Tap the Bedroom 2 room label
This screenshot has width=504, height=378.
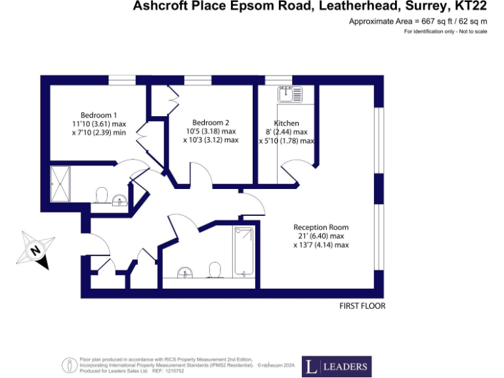pos(211,122)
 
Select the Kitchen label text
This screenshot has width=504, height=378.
pos(287,123)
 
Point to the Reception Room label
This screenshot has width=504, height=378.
pos(321,227)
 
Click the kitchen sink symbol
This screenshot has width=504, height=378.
pos(289,95)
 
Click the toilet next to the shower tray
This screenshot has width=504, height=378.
pos(101,195)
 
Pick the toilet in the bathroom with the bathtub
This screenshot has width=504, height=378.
pos(215,270)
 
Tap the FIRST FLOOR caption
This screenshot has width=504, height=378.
pos(362,306)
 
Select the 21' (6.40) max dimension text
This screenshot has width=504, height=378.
pos(321,236)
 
